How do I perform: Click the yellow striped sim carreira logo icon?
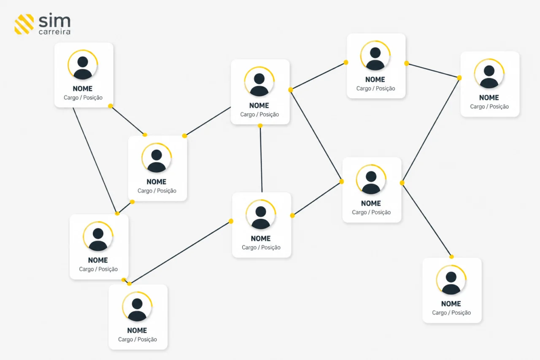coord(24,24)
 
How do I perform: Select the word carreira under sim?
coord(54,32)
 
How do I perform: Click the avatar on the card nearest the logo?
coord(83,65)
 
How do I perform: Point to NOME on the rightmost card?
coord(489,97)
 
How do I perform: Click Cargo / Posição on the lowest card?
coord(138,339)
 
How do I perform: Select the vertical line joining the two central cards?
coord(261,159)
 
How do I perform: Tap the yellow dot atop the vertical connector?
coord(260,126)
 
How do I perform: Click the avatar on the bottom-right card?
coord(451,280)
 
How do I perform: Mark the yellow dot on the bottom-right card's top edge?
coord(451,257)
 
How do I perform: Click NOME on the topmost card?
coord(375,80)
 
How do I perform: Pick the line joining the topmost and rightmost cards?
coord(433,70)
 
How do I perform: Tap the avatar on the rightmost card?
coord(489,73)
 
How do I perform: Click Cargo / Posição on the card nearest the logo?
coord(83,97)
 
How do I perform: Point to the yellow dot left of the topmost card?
coord(346,62)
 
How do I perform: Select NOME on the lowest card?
coord(137,330)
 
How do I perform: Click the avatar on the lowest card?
coord(137,306)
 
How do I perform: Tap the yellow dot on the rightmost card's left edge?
coord(459,78)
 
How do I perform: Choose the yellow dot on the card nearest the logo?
coord(111,106)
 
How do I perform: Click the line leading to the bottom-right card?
coord(427,219)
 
